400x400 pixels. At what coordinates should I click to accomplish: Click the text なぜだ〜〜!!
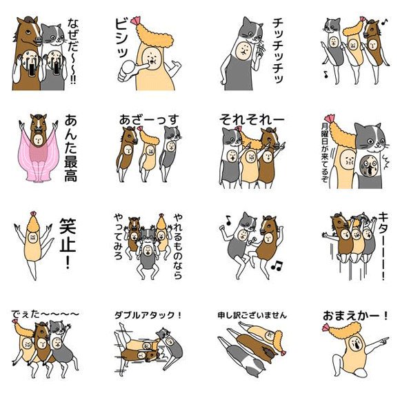click(x=72, y=51)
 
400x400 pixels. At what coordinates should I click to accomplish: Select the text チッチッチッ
click(x=277, y=50)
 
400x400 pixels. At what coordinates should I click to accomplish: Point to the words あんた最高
click(x=70, y=148)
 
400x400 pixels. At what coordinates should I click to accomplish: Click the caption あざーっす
click(x=149, y=119)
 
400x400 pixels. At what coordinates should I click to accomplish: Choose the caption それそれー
click(x=252, y=119)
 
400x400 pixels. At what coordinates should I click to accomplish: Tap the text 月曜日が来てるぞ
click(x=325, y=152)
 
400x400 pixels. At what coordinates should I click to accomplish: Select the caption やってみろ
click(x=119, y=237)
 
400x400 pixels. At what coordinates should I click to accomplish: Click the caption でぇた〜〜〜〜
click(x=45, y=315)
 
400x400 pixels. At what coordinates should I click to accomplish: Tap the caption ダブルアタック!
click(x=148, y=316)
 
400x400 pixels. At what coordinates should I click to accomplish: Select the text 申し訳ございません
click(x=252, y=316)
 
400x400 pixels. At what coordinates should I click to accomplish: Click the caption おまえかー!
click(x=355, y=316)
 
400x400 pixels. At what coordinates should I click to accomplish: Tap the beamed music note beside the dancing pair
click(x=277, y=266)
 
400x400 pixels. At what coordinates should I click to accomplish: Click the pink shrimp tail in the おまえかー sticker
click(x=326, y=327)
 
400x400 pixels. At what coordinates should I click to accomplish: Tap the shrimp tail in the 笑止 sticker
click(x=33, y=214)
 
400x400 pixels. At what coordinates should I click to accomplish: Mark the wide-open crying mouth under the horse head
click(x=32, y=69)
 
